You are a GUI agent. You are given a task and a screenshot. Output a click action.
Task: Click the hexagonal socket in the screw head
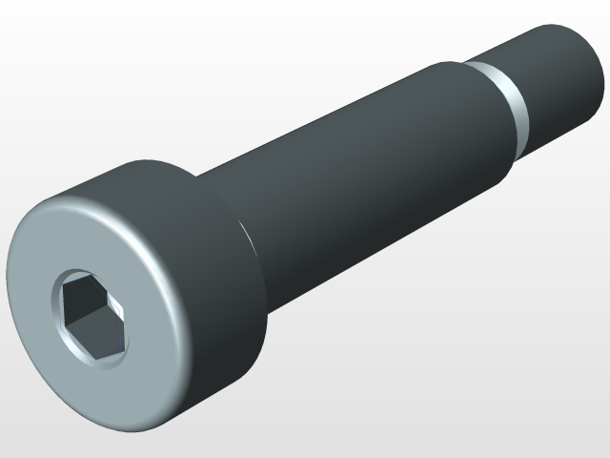coord(91,318)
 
